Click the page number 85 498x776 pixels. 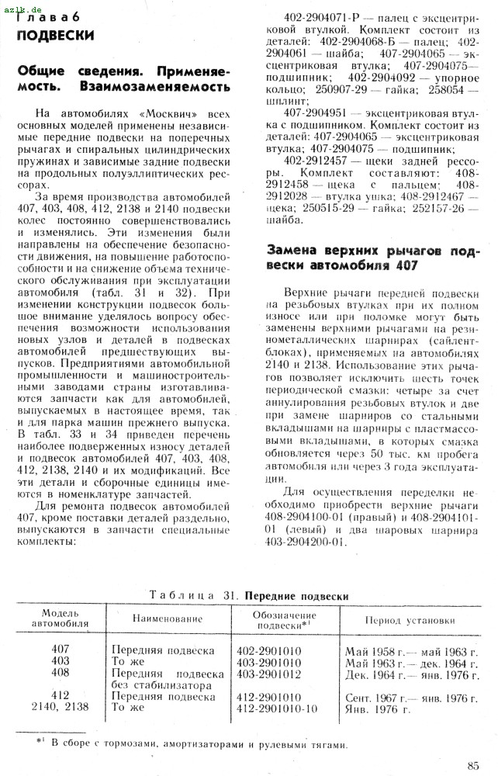[x=473, y=765]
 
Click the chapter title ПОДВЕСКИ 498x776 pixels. [x=56, y=35]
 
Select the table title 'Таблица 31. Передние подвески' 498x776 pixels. [x=248, y=596]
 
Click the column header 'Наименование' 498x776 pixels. [x=167, y=619]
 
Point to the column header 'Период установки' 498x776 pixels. [x=410, y=621]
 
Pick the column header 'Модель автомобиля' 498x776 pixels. [x=60, y=618]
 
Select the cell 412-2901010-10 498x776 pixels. [x=277, y=708]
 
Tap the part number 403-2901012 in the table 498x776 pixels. [x=268, y=674]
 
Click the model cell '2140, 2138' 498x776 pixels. [x=61, y=708]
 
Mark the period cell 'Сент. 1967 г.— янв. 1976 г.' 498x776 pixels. [x=411, y=697]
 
